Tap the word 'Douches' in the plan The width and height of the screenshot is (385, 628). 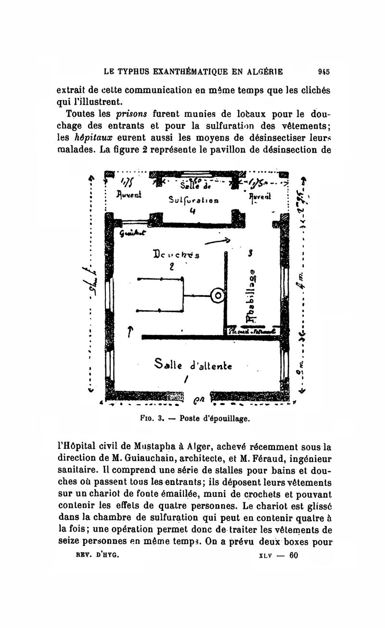click(x=171, y=255)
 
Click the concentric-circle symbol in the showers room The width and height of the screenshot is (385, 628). click(x=218, y=296)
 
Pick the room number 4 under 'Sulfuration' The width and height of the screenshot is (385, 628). click(x=192, y=210)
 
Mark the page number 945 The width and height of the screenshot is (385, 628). click(x=323, y=72)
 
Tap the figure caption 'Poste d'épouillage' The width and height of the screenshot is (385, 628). click(x=215, y=418)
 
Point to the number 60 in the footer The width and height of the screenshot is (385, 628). click(x=294, y=555)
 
